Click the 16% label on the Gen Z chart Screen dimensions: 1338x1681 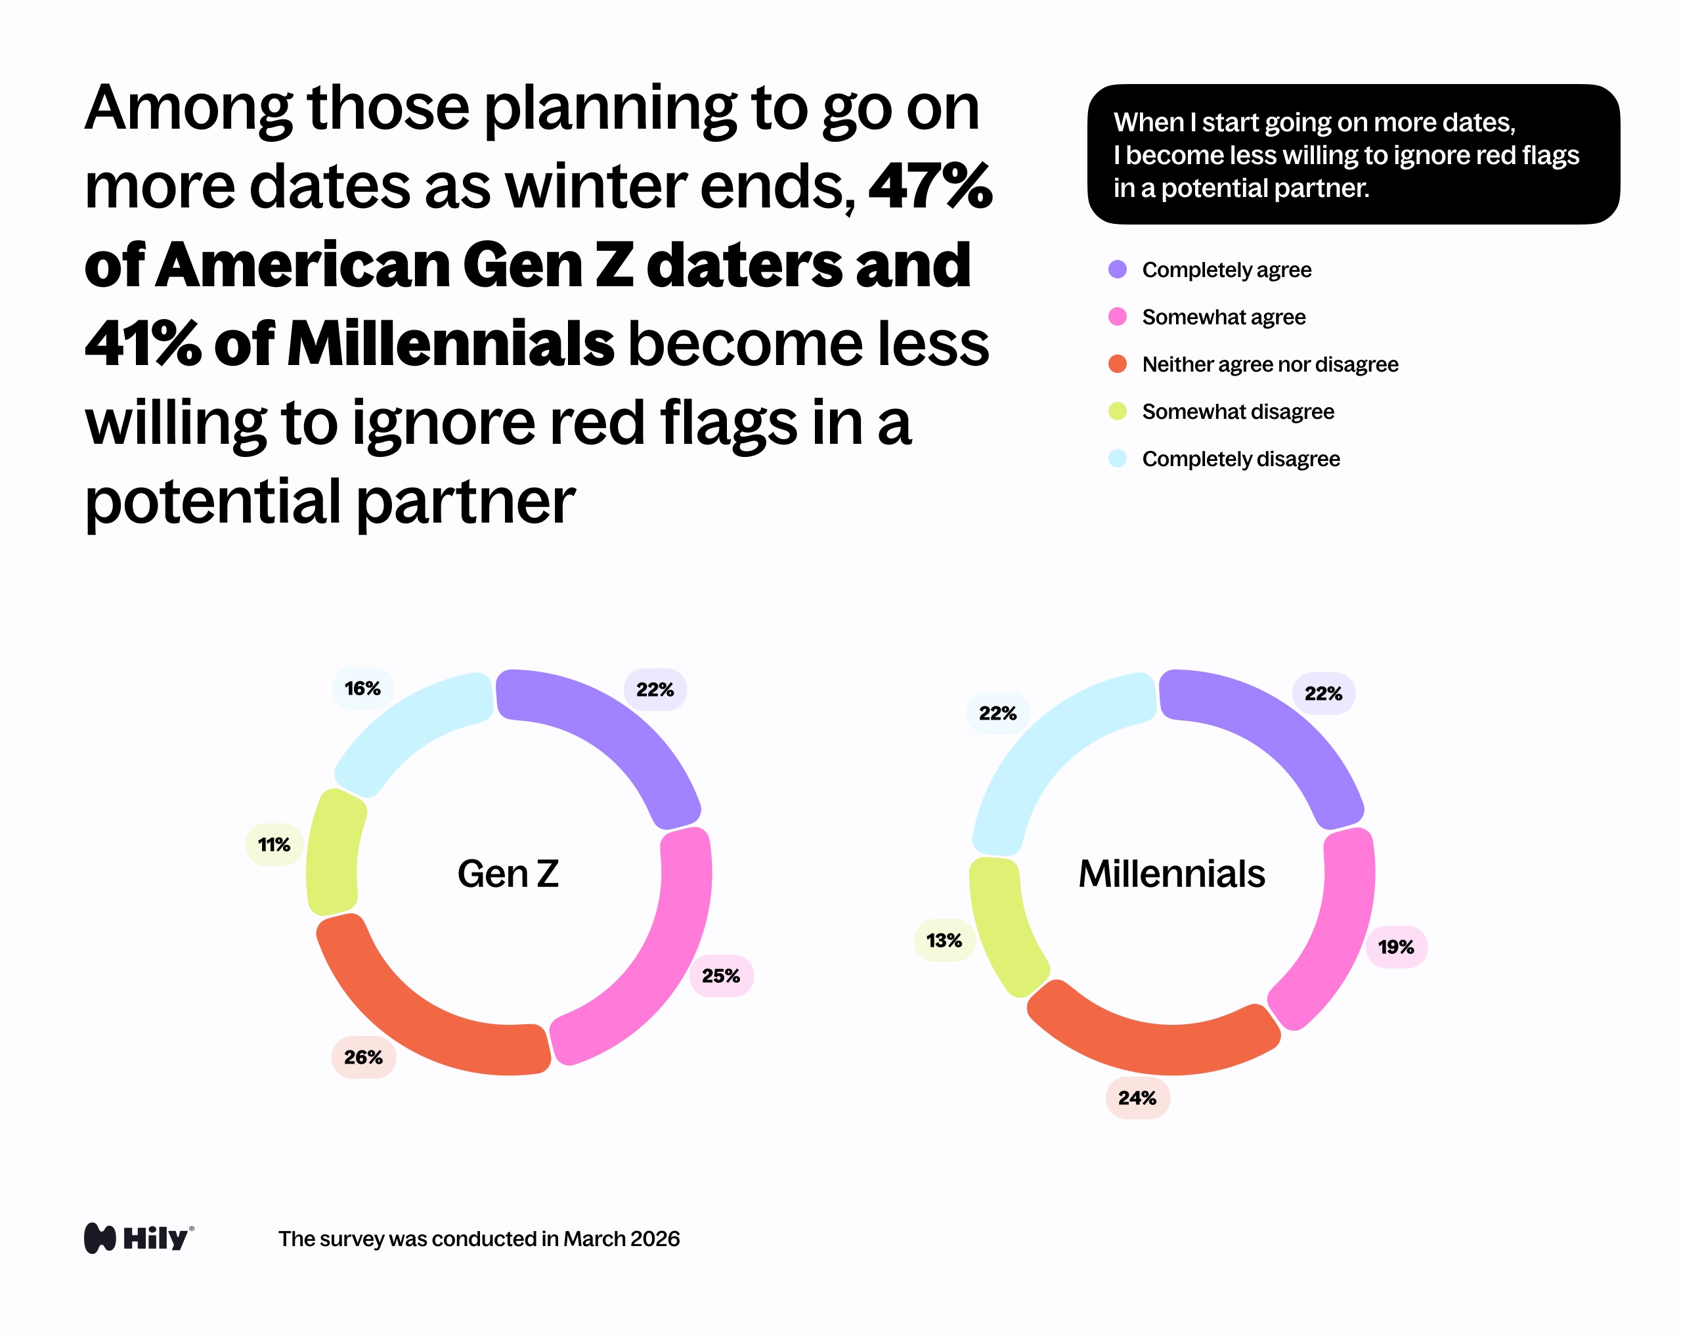[x=362, y=689]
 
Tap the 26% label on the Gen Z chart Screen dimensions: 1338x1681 [x=363, y=1057]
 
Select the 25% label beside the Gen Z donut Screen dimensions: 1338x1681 [x=721, y=976]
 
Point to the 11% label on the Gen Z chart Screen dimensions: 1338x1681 [x=274, y=844]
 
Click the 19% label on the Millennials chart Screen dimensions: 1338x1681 [x=1395, y=947]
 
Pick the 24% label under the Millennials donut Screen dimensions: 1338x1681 [x=1137, y=1098]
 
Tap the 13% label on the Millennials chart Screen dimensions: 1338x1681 [x=944, y=940]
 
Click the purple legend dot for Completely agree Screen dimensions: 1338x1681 [x=1118, y=270]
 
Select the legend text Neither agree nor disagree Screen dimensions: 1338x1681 [x=1269, y=364]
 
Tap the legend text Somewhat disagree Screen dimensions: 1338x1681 [x=1237, y=412]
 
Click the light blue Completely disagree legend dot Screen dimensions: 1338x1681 [x=1118, y=458]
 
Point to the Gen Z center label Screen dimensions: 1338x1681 [x=508, y=873]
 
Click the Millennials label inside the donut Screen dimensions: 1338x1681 [x=1171, y=873]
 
